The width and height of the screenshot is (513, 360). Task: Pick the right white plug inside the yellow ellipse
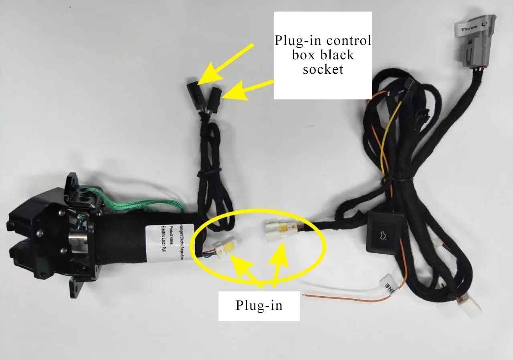pyautogui.click(x=277, y=231)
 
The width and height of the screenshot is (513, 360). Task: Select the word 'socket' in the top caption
pyautogui.click(x=323, y=69)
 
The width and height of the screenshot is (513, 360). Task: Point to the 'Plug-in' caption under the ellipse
pyautogui.click(x=259, y=305)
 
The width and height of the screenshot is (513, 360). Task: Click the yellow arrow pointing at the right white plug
pyautogui.click(x=280, y=263)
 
